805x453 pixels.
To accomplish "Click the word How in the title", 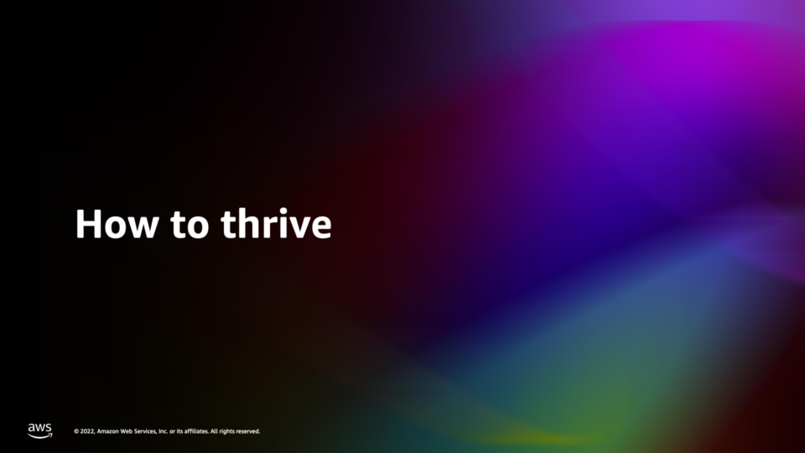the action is coord(117,224).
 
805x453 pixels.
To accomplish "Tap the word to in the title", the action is coord(190,226).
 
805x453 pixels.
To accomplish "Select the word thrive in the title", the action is coord(276,223).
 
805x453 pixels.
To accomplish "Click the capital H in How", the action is coord(88,224).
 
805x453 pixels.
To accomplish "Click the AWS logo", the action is coord(40,431).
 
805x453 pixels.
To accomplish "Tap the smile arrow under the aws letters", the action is coord(40,436).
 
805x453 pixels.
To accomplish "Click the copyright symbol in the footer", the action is coord(76,431).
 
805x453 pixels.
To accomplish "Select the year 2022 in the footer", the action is coord(87,431).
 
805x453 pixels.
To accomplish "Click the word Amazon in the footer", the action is coord(107,431).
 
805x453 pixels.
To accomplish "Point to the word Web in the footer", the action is coord(127,431).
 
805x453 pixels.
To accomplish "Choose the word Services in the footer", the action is coord(145,431).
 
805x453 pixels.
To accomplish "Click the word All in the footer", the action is coord(214,431).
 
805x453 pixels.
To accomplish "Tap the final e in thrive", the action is coord(321,228).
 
